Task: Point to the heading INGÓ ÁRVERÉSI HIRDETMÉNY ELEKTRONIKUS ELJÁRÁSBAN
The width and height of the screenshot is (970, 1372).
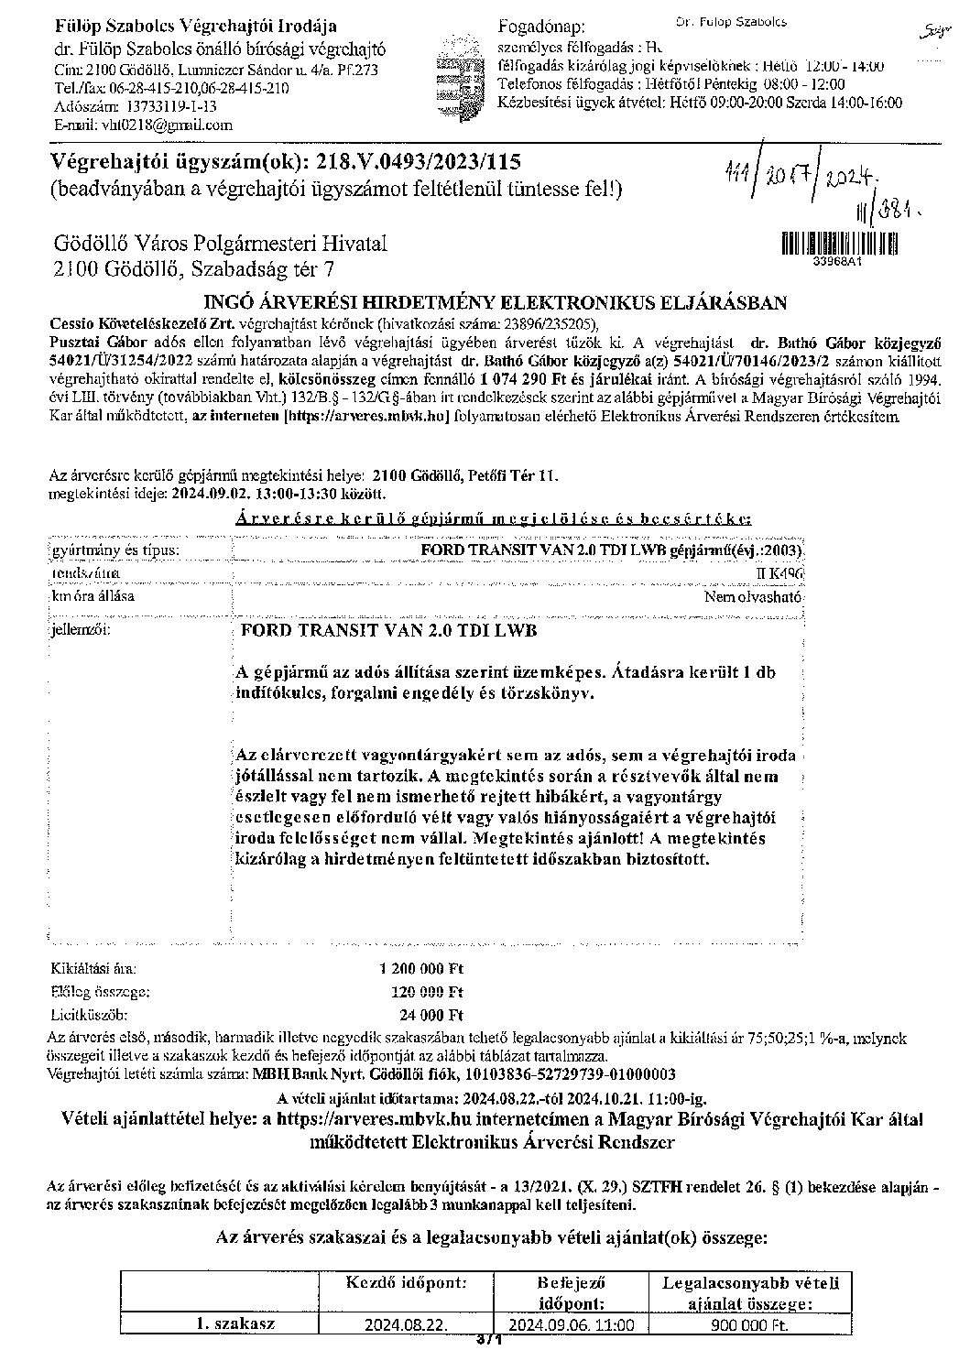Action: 494,303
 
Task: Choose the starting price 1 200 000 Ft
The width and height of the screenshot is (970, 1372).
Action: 421,967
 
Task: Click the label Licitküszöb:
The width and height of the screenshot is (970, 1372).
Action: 88,1015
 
